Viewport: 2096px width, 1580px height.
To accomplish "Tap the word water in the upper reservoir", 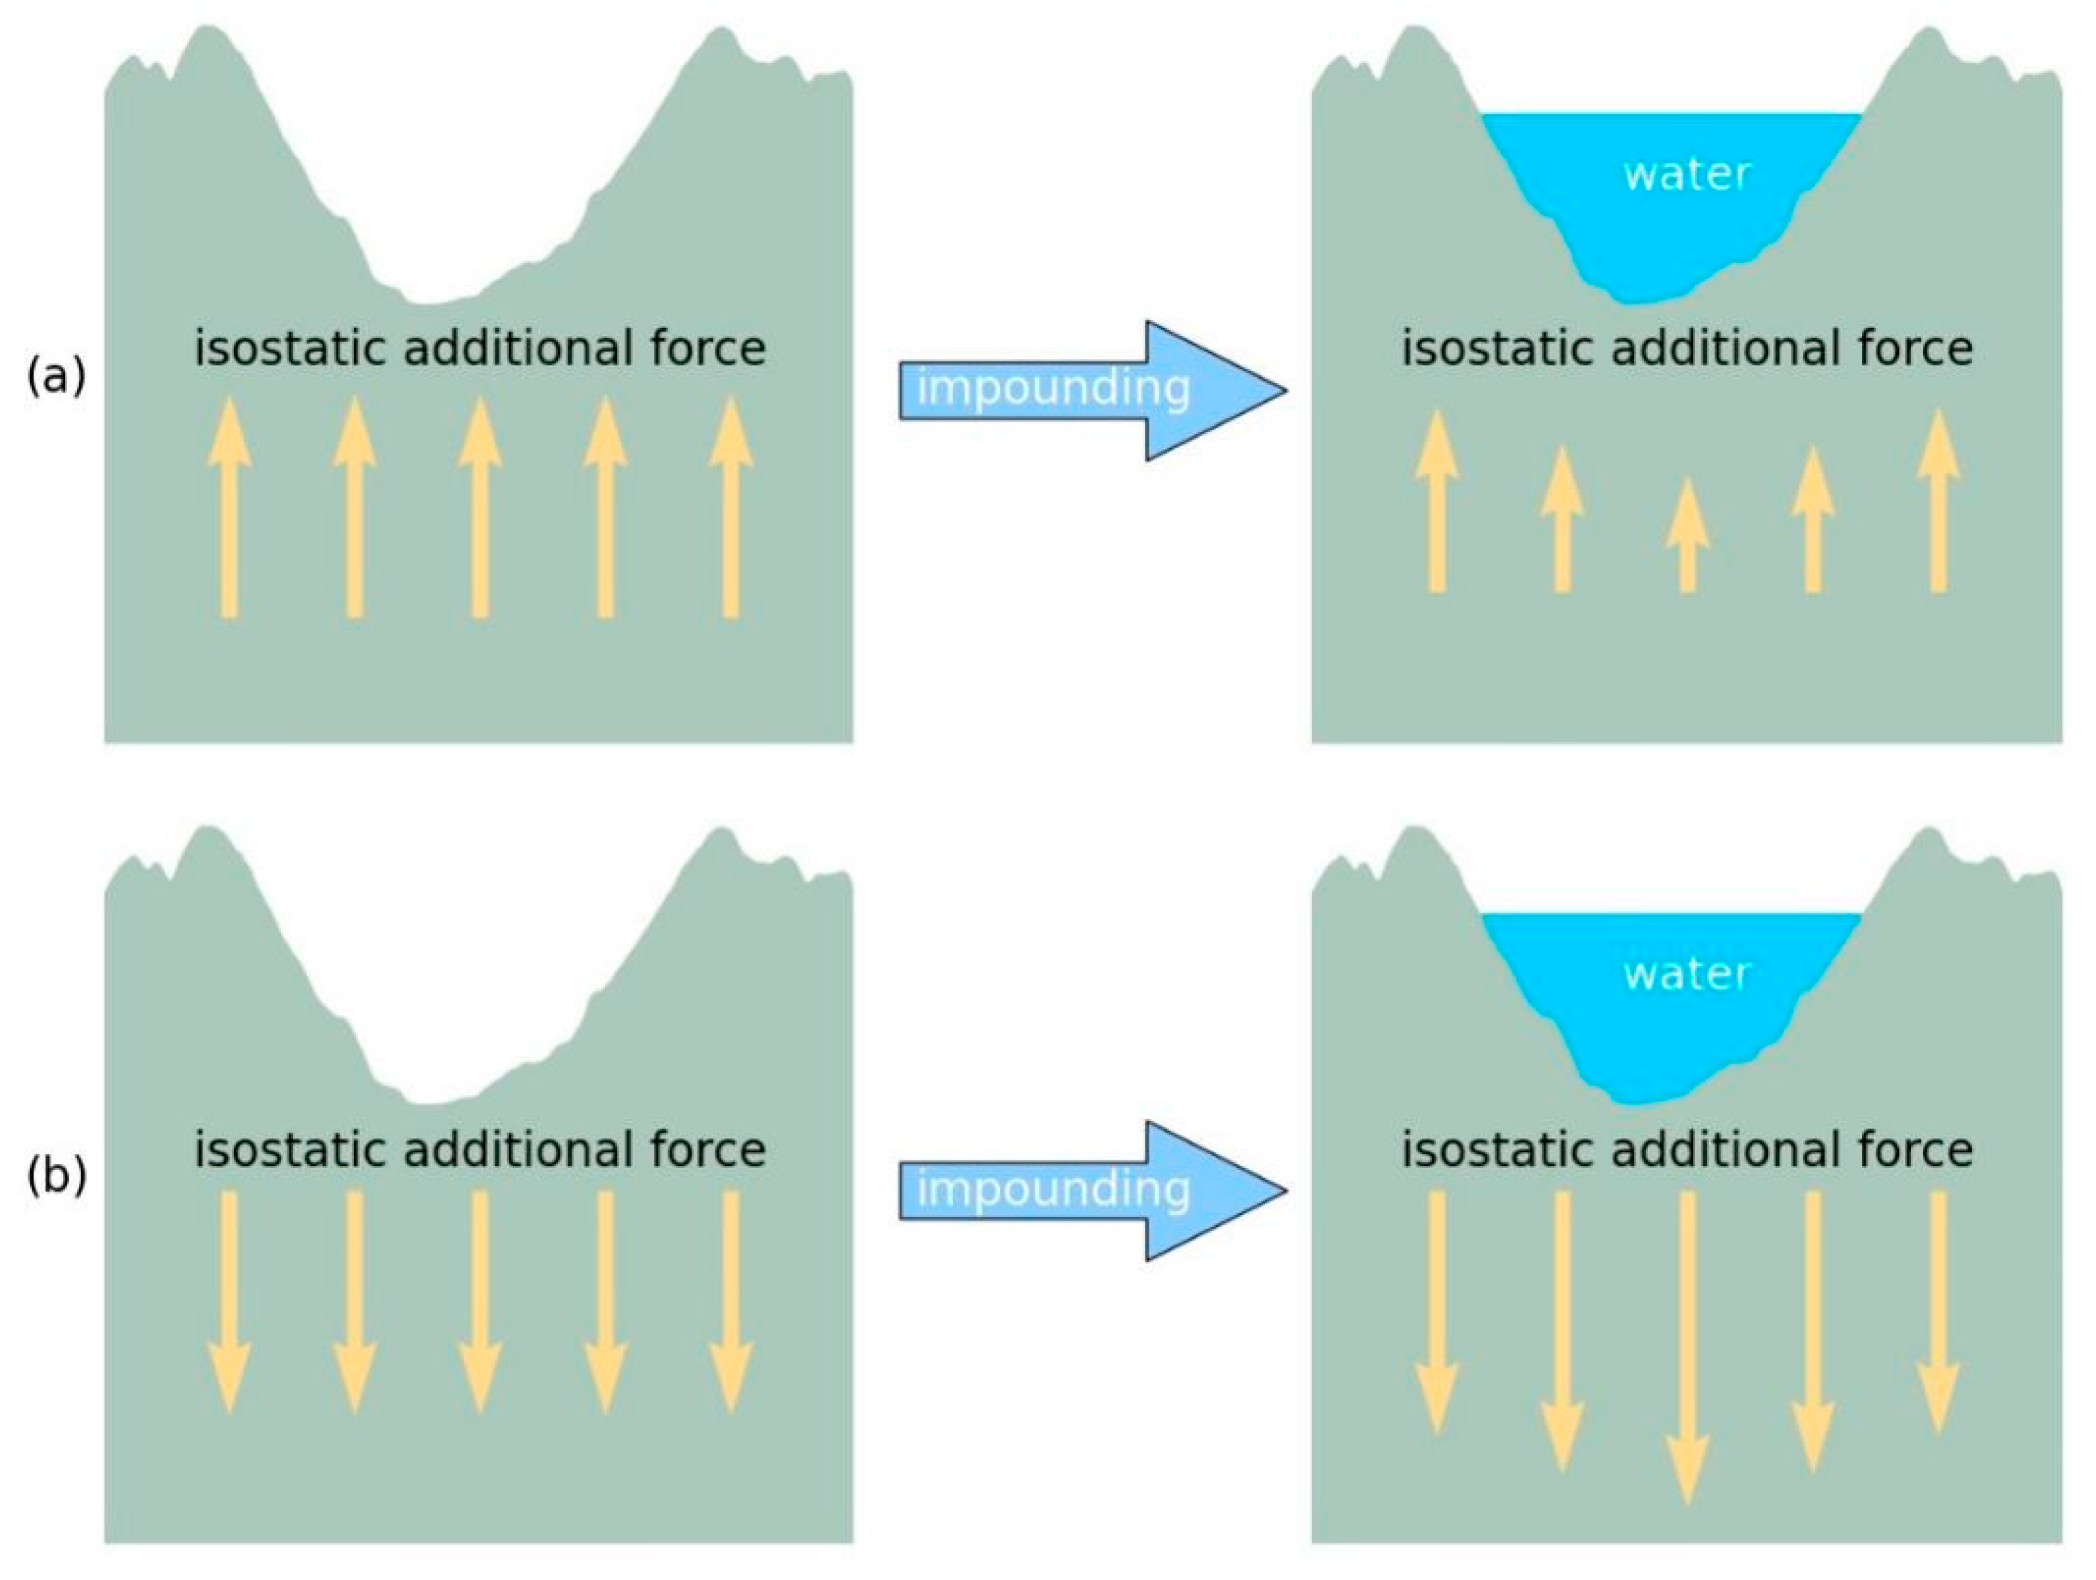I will (1687, 174).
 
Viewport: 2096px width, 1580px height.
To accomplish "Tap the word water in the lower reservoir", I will (1687, 973).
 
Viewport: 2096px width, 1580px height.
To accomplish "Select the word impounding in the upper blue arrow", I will (1053, 388).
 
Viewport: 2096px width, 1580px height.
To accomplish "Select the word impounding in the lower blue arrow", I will (1053, 1189).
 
